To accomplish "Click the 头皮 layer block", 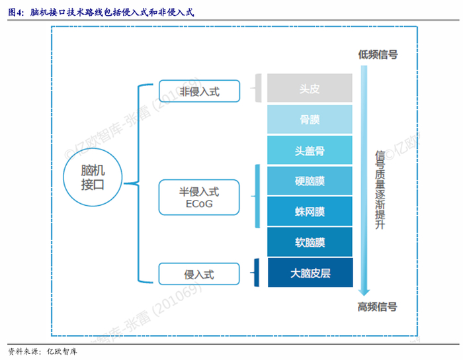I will (x=310, y=88).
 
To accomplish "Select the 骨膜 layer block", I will (x=310, y=120).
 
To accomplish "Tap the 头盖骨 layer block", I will (x=310, y=150).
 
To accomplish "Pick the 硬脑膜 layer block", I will (x=310, y=181).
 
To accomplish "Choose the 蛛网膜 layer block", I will (x=310, y=212).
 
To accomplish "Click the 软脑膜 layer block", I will (x=310, y=242).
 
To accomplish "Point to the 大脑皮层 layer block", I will (x=310, y=273).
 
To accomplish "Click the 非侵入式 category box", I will (x=199, y=91).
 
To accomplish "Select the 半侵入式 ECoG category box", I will (x=199, y=197).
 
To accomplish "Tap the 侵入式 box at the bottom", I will (x=199, y=273).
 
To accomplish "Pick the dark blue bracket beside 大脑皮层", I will (x=257, y=273).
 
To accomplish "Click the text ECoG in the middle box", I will (x=199, y=204).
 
